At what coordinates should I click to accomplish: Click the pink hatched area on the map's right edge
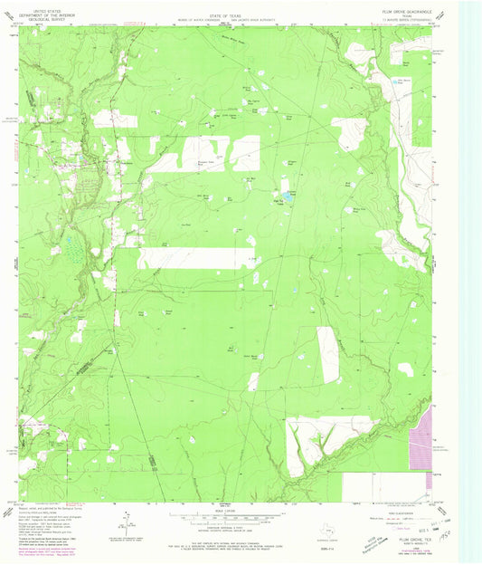pos(421,453)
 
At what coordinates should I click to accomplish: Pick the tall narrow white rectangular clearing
pos(327,353)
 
